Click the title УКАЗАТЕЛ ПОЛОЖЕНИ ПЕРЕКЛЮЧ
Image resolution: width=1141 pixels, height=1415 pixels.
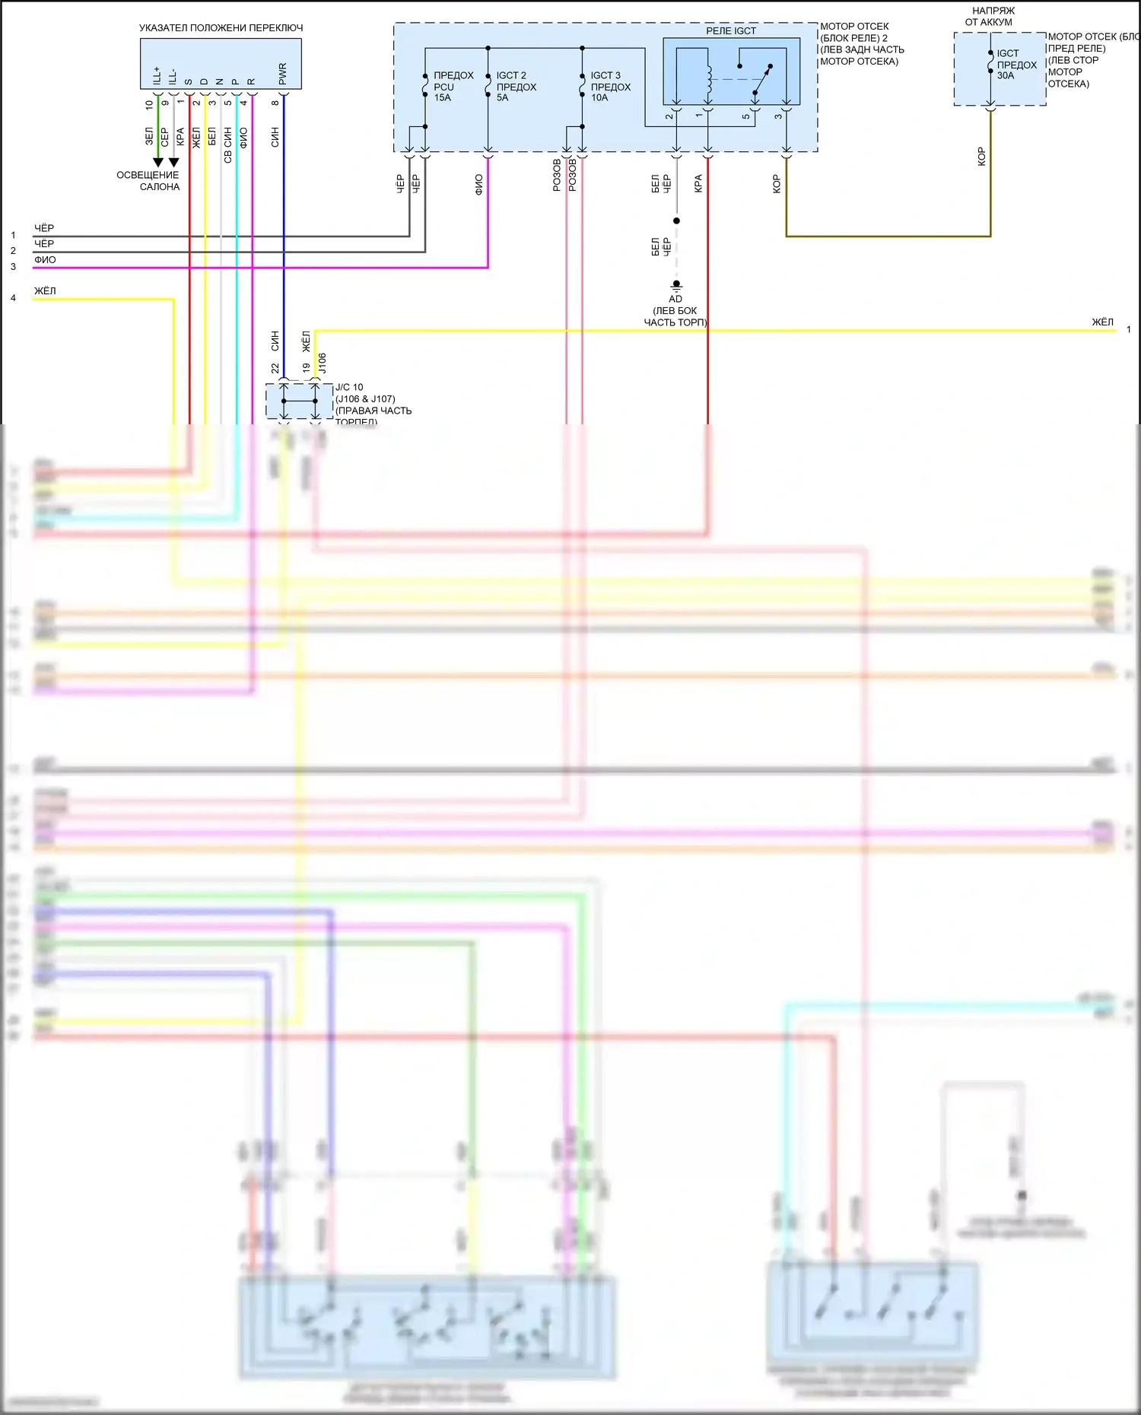(221, 28)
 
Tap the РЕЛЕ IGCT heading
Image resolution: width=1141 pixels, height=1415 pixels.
(730, 31)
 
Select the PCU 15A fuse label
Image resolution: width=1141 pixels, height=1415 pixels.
(453, 87)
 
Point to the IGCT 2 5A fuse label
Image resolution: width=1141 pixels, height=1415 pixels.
(516, 87)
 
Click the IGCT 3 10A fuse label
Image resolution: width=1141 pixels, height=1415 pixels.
(610, 87)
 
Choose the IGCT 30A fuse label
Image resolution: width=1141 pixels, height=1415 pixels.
(1016, 65)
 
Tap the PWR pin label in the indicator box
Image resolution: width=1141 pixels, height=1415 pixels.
(282, 74)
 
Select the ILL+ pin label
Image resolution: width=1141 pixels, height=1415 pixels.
(157, 75)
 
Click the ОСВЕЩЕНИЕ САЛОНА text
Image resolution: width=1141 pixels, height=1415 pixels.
(148, 181)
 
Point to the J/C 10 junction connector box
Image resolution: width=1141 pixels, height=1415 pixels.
(299, 401)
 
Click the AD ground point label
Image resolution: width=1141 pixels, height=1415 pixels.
(675, 299)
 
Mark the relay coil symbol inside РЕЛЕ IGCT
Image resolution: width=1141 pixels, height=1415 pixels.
(709, 78)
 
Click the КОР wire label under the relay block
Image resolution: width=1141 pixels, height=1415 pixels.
(777, 184)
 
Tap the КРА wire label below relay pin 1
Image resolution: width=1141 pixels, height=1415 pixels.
(698, 183)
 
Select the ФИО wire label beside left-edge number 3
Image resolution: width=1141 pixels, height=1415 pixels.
(45, 260)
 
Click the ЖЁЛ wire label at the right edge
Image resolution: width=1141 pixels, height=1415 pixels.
(1102, 322)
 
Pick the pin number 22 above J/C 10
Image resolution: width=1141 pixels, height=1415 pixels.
(275, 368)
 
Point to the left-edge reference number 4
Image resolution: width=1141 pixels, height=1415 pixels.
(13, 298)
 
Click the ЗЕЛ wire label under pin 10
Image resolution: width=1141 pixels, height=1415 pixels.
(149, 136)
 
